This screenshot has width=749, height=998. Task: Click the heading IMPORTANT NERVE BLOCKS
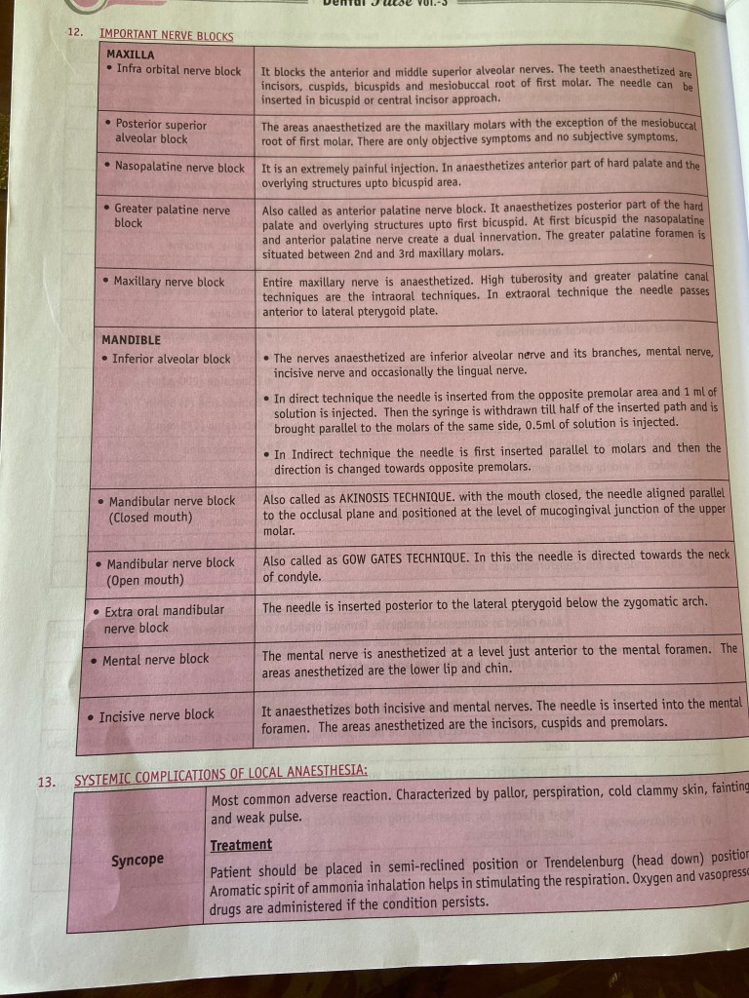point(167,37)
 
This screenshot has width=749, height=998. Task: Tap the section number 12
point(74,33)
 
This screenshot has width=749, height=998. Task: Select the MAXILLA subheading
point(132,55)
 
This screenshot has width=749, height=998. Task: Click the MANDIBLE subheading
point(132,340)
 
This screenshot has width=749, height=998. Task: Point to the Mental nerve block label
point(155,660)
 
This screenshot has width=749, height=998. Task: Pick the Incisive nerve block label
point(156,716)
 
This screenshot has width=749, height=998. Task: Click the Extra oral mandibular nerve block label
point(164,619)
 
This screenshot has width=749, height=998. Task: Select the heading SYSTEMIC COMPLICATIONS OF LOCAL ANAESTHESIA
point(220,773)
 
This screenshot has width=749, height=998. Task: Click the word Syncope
point(137,860)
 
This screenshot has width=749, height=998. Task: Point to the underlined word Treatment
point(241,845)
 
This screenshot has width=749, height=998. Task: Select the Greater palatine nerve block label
point(172,215)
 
